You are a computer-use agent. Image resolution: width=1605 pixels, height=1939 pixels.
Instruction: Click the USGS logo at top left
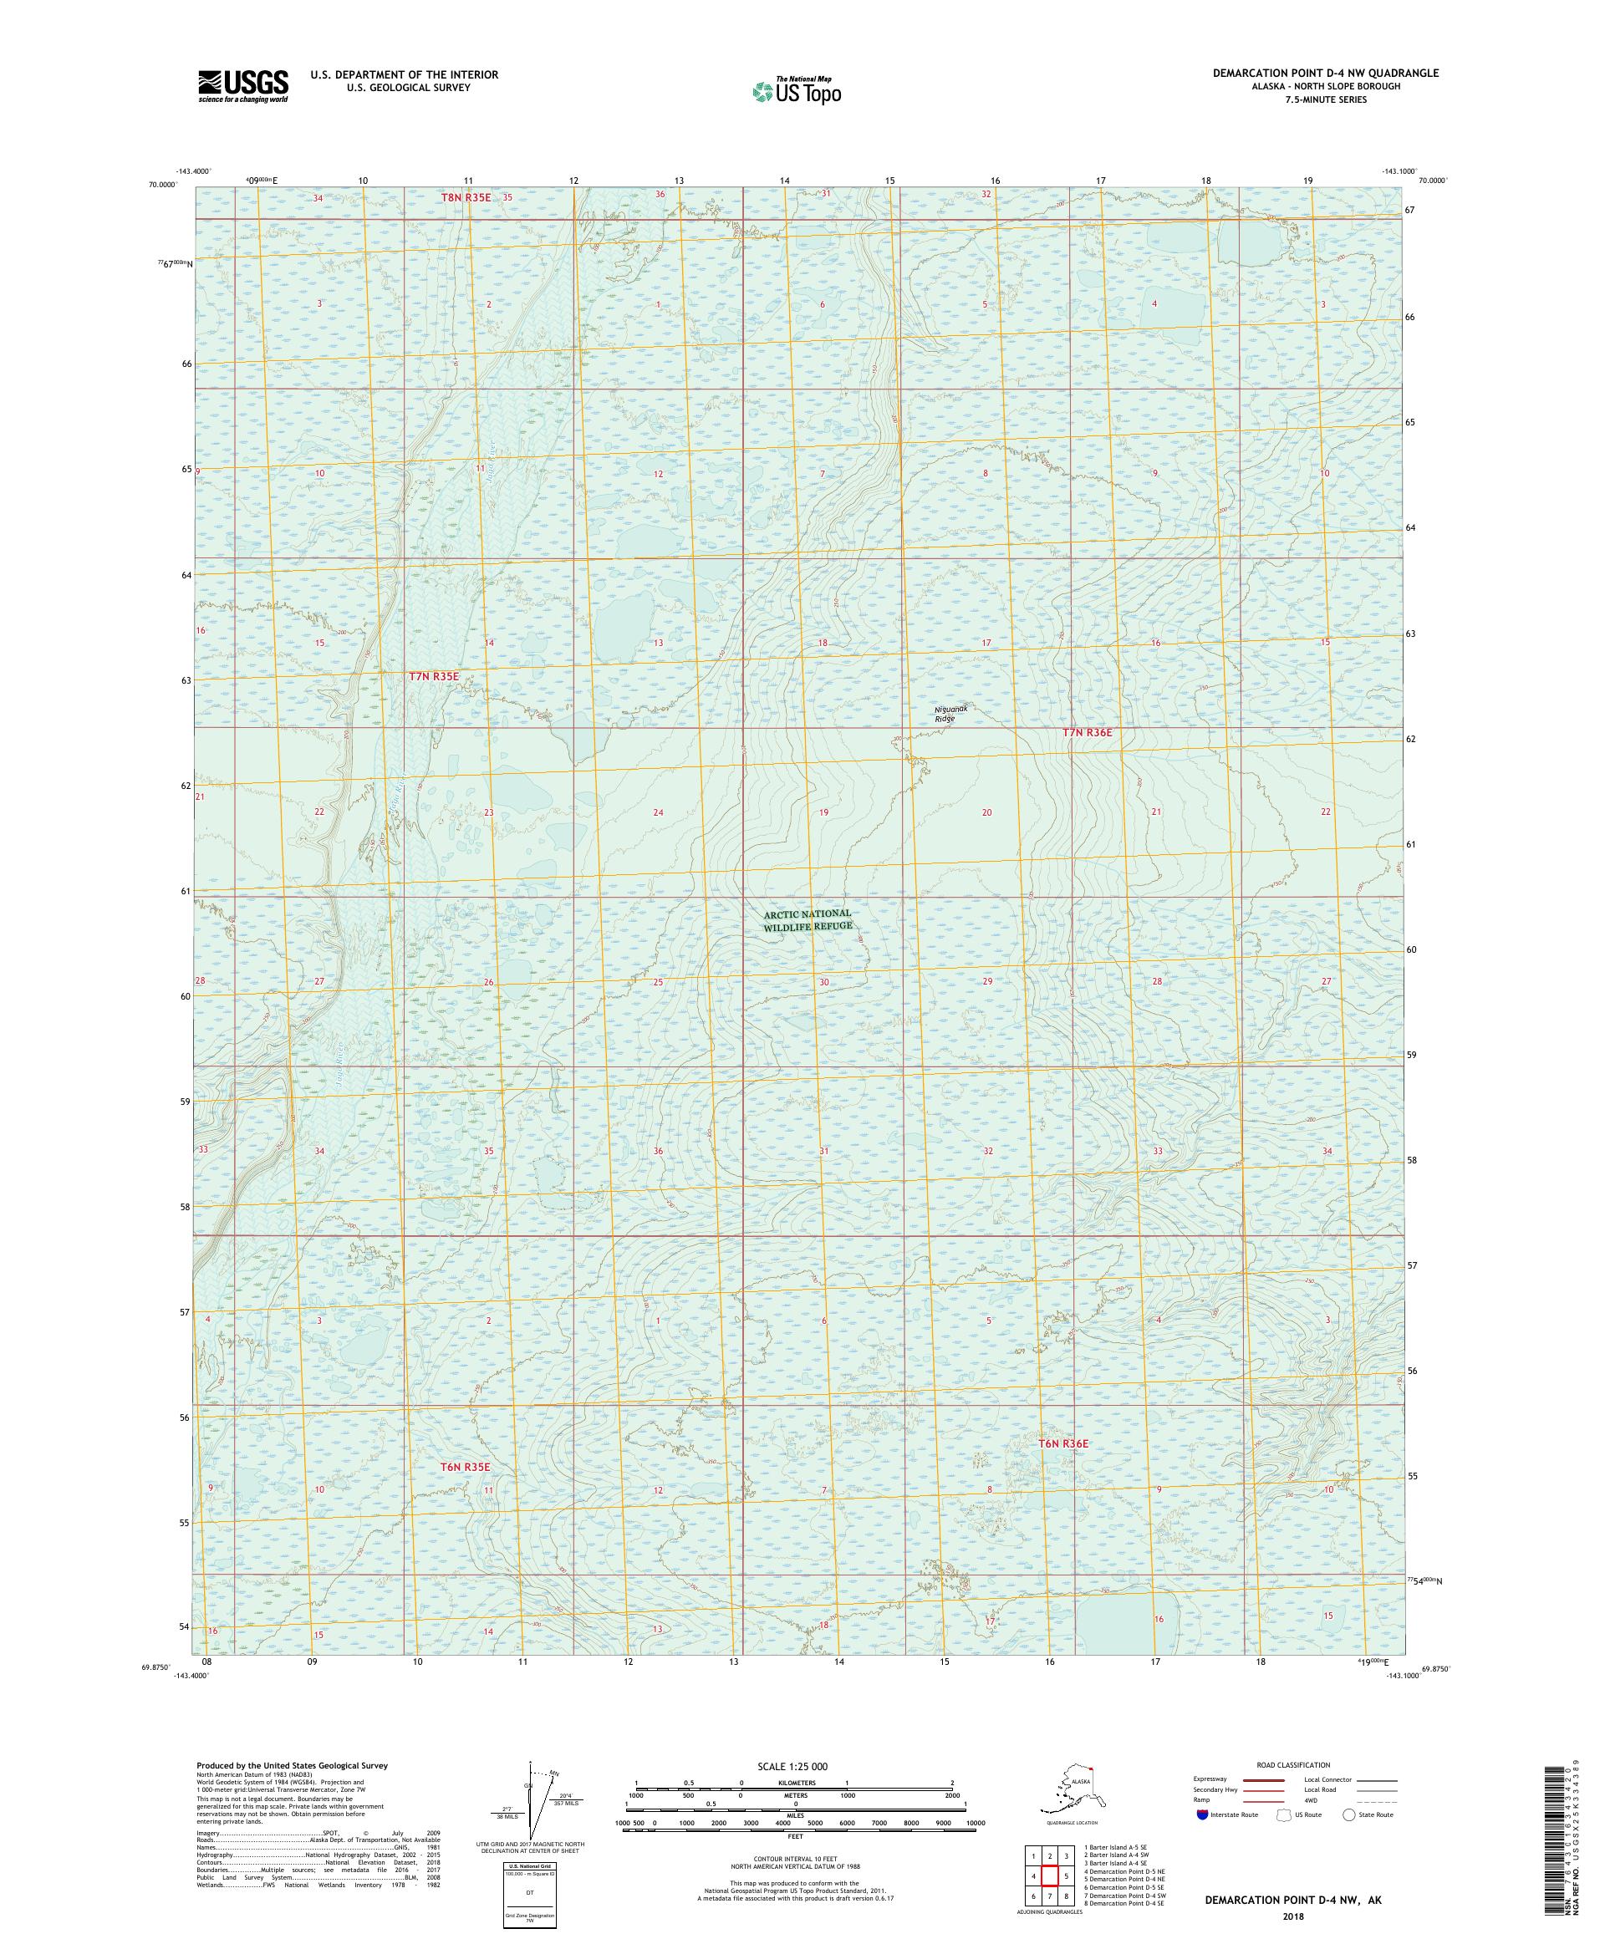point(242,86)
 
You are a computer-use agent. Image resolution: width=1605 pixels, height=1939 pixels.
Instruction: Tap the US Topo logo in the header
point(796,90)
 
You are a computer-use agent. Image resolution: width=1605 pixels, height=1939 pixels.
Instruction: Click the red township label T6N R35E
point(464,1466)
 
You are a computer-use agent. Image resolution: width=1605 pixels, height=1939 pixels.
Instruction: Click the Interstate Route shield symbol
point(1201,1814)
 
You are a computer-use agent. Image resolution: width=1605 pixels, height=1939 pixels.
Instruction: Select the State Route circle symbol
point(1349,1814)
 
